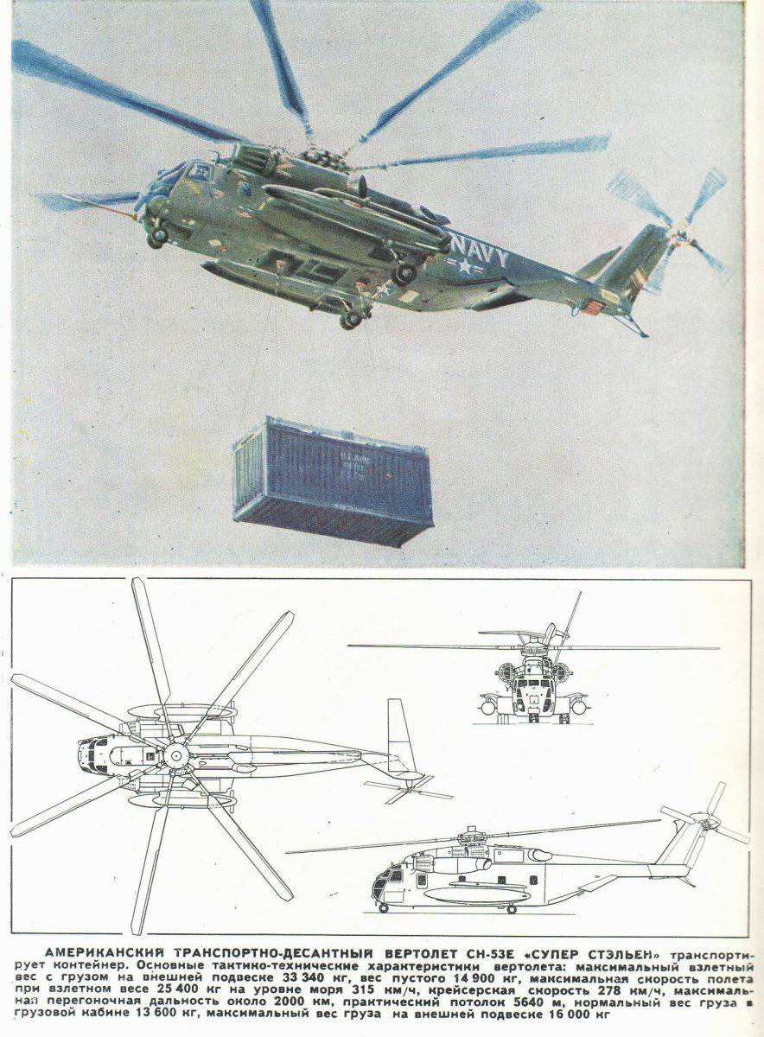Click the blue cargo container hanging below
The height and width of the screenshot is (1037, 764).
(x=333, y=480)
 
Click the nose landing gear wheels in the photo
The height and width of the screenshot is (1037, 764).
(x=156, y=235)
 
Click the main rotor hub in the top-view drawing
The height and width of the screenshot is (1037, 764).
(x=175, y=755)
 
